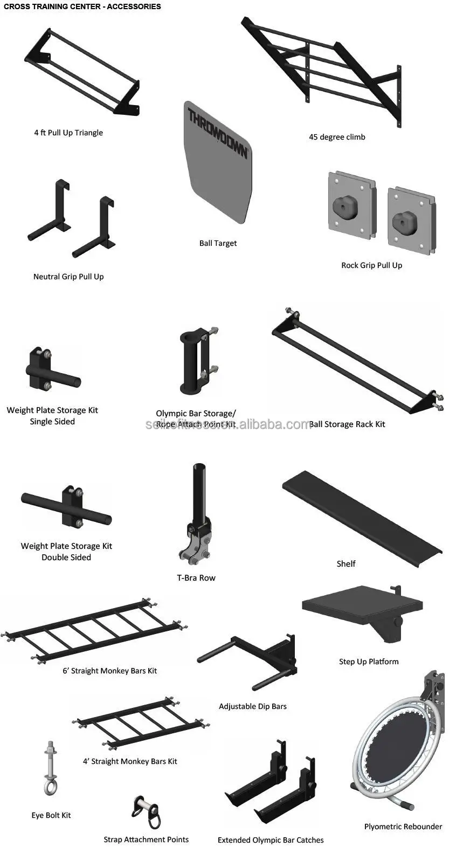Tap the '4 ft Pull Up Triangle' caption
(68, 133)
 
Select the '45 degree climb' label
(337, 137)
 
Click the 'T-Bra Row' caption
(196, 578)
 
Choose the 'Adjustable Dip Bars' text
(252, 706)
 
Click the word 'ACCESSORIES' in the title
(132, 6)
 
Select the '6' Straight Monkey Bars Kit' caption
(109, 671)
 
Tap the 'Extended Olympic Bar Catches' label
(271, 840)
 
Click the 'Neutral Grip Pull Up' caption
(68, 277)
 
